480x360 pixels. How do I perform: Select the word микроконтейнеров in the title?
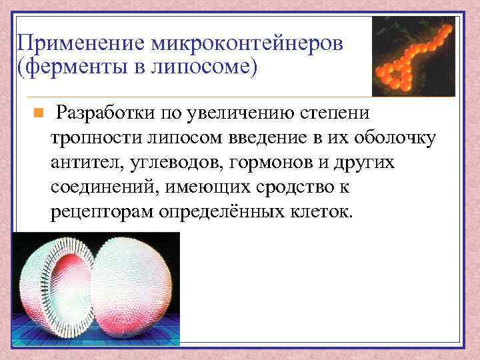[247, 44]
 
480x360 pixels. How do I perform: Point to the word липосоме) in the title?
[210, 69]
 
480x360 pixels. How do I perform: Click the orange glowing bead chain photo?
[413, 57]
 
